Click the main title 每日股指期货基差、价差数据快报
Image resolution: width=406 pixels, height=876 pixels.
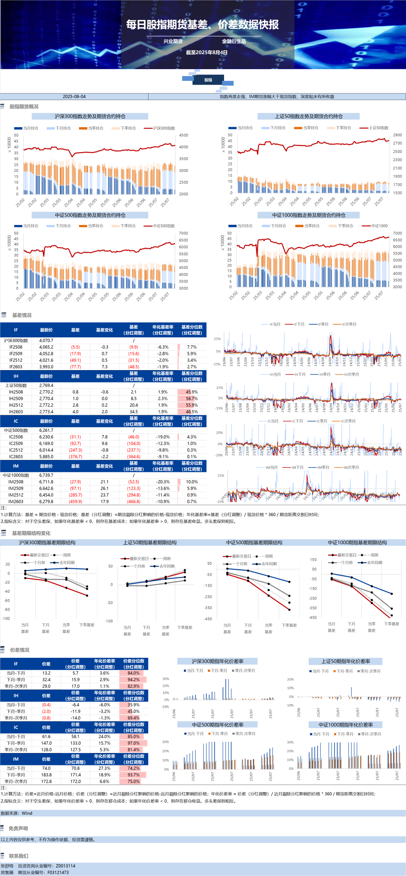point(202,25)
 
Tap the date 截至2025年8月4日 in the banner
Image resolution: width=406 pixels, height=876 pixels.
point(206,52)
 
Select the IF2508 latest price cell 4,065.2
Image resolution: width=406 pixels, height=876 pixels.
point(46,347)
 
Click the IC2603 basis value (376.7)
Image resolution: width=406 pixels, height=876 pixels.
point(75,457)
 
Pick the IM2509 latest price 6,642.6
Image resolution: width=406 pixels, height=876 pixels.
point(46,488)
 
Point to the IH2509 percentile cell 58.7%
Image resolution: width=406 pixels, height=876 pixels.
point(192,398)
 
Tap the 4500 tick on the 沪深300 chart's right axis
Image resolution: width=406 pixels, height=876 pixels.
point(183,135)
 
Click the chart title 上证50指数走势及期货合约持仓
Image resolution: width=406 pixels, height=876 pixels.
point(308,117)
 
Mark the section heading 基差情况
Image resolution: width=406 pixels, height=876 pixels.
point(22,315)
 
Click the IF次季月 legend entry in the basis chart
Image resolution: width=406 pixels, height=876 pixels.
point(349,324)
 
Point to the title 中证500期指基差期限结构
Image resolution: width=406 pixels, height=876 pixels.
point(254,542)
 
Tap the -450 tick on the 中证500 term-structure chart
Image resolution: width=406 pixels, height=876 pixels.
point(208,619)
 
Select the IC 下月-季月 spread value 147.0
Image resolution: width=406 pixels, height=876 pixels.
point(46,743)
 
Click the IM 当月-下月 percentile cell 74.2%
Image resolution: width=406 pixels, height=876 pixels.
point(133,768)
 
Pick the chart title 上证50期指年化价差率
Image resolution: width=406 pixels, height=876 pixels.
point(345,661)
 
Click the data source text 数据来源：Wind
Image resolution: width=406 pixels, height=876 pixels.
point(17,813)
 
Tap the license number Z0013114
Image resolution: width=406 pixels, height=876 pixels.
point(65,866)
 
